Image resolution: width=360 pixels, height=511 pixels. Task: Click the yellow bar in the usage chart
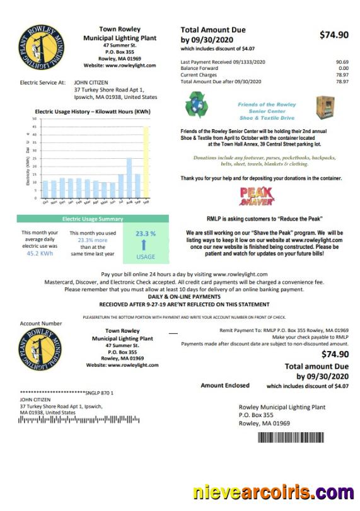coord(146,160)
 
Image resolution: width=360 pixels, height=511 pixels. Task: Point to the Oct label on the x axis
coord(45,202)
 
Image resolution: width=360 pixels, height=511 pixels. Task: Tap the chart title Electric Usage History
coord(93,112)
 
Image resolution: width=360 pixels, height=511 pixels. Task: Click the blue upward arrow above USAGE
coord(146,245)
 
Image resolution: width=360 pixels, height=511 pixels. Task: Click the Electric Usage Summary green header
coord(93,219)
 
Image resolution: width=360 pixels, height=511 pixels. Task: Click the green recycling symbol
coord(196,105)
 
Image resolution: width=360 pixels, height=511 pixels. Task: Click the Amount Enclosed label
coord(225,385)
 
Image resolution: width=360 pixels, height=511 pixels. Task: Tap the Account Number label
coord(41,323)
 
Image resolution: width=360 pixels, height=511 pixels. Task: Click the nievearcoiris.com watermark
coord(273,492)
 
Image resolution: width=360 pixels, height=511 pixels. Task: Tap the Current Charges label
coord(199,75)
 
